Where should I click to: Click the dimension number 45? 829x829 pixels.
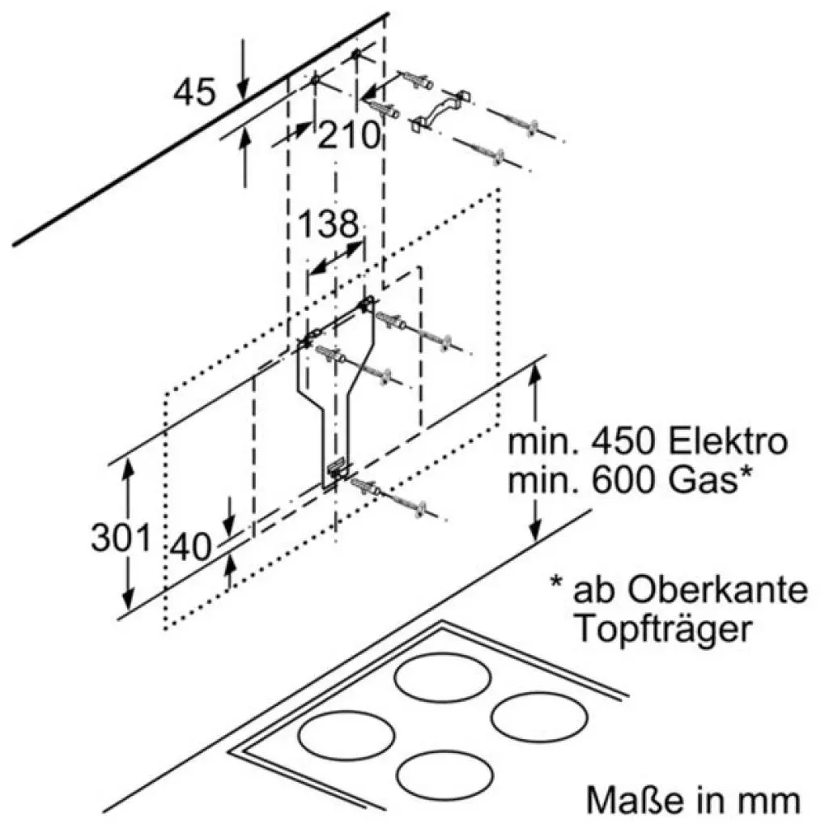[194, 91]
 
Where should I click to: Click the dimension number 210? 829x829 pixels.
[349, 135]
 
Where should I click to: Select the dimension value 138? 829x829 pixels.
[329, 223]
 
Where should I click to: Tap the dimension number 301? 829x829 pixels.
[121, 538]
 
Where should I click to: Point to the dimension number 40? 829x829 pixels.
[191, 548]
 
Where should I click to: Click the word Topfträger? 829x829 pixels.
[661, 628]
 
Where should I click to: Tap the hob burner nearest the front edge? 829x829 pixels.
[443, 773]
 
